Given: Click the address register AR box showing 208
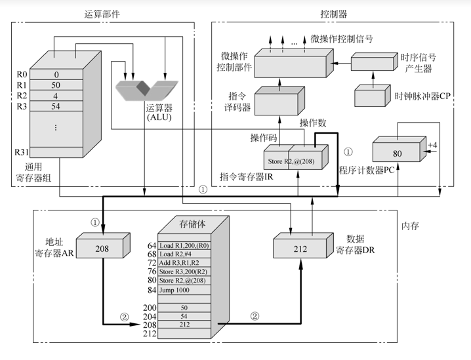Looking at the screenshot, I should pyautogui.click(x=102, y=250).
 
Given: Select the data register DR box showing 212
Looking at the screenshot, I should pyautogui.click(x=300, y=250).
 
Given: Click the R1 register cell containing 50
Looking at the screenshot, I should pyautogui.click(x=56, y=85).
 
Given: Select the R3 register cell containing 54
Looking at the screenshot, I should pyautogui.click(x=56, y=106).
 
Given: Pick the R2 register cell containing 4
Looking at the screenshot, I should pyautogui.click(x=56, y=96).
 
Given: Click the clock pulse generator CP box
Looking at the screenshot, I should pyautogui.click(x=372, y=96).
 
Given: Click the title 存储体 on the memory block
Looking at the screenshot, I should pyautogui.click(x=193, y=224).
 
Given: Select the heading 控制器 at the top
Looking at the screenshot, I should pyautogui.click(x=333, y=12).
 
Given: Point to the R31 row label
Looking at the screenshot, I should pyautogui.click(x=22, y=152).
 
